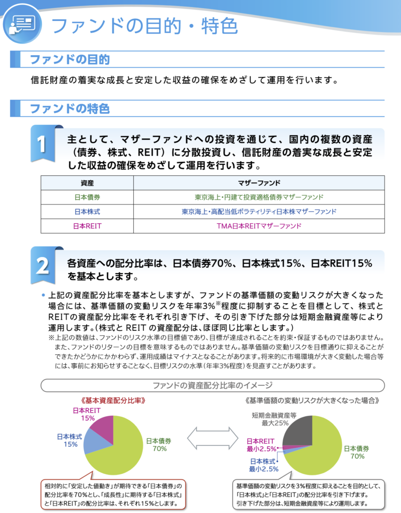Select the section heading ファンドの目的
coord(70,60)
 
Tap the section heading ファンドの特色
coord(70,108)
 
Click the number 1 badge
coord(43,144)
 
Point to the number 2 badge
coord(43,266)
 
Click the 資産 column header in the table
coord(87,182)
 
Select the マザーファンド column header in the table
coord(259,182)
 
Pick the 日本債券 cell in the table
coord(87,197)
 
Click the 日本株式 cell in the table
coord(87,211)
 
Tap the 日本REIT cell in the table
coord(87,226)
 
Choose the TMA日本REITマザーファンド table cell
coord(259,226)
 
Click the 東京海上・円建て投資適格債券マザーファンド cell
coord(259,197)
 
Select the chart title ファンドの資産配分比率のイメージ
coord(212,385)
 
